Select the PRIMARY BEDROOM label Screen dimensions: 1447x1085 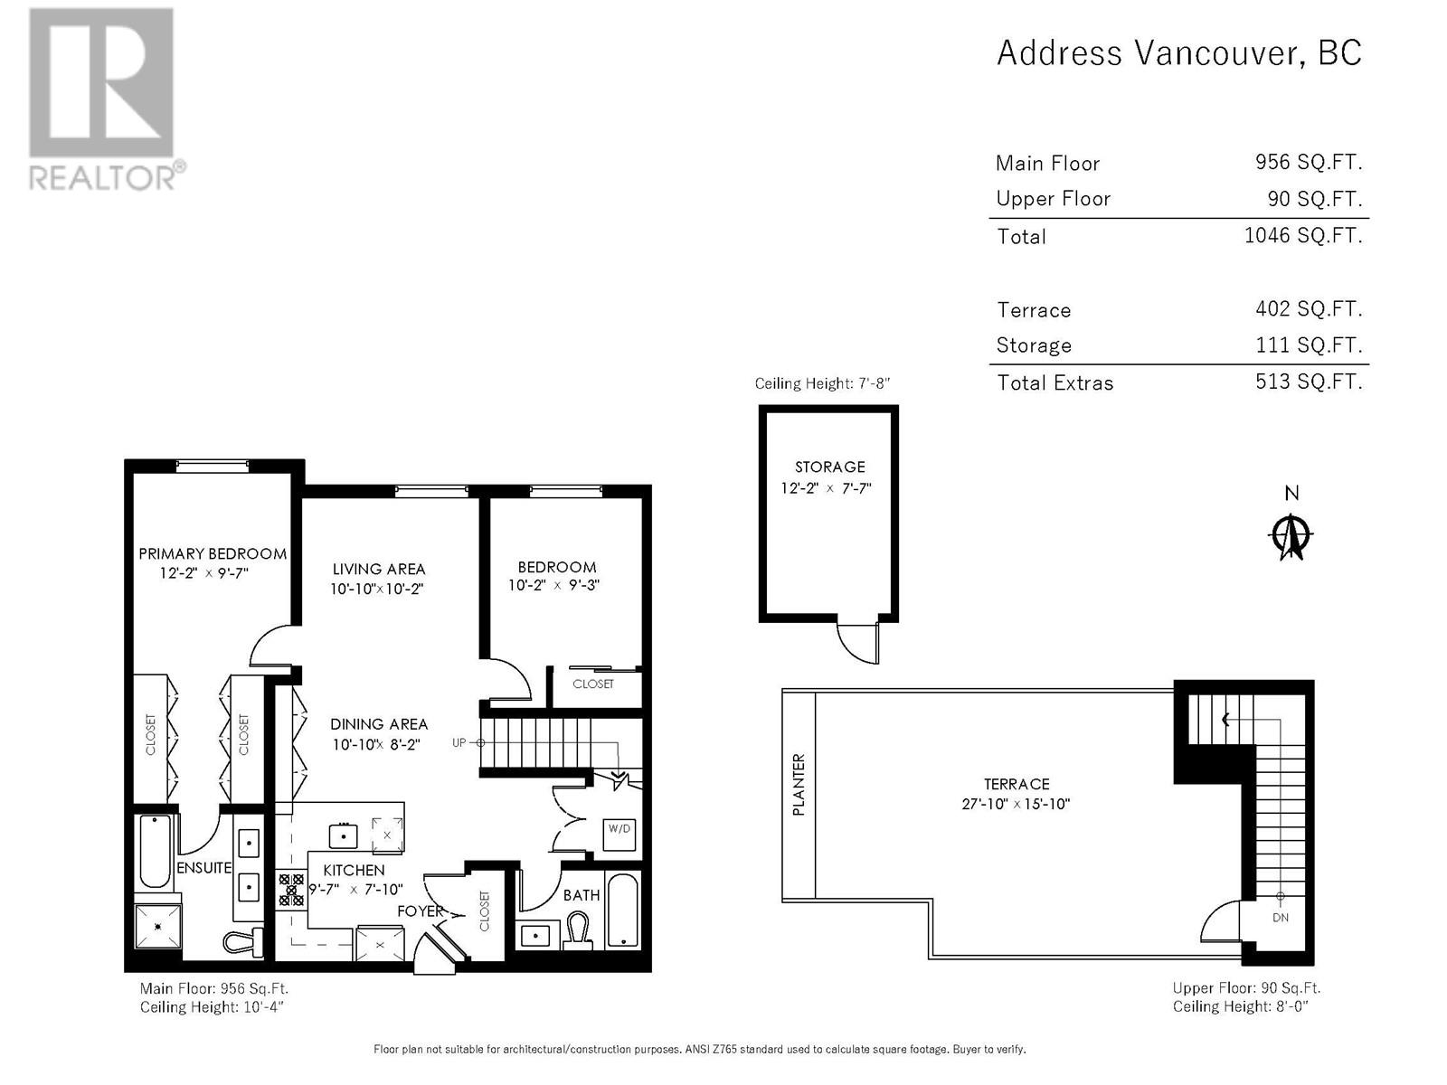coord(213,553)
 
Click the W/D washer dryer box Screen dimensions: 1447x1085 coord(619,834)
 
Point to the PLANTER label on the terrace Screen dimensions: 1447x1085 coord(799,785)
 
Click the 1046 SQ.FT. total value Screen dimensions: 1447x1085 coord(1302,235)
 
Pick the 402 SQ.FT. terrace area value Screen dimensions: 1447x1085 coord(1309,308)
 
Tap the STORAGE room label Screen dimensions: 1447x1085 coord(829,467)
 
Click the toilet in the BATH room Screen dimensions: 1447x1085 coord(578,929)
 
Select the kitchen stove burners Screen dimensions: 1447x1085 coord(290,890)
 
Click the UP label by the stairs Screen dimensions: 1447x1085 coord(459,742)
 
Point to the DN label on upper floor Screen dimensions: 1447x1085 coord(1281,918)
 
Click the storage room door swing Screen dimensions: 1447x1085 coord(857,642)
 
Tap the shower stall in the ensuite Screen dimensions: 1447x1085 coord(158,926)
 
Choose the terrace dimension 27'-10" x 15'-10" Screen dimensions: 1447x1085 coord(1016,804)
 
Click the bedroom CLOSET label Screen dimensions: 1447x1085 coord(592,684)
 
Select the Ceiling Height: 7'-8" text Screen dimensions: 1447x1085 coord(822,383)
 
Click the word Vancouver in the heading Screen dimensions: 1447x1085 coord(1219,53)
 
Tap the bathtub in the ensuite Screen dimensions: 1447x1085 coord(155,852)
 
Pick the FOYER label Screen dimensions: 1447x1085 coord(420,911)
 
